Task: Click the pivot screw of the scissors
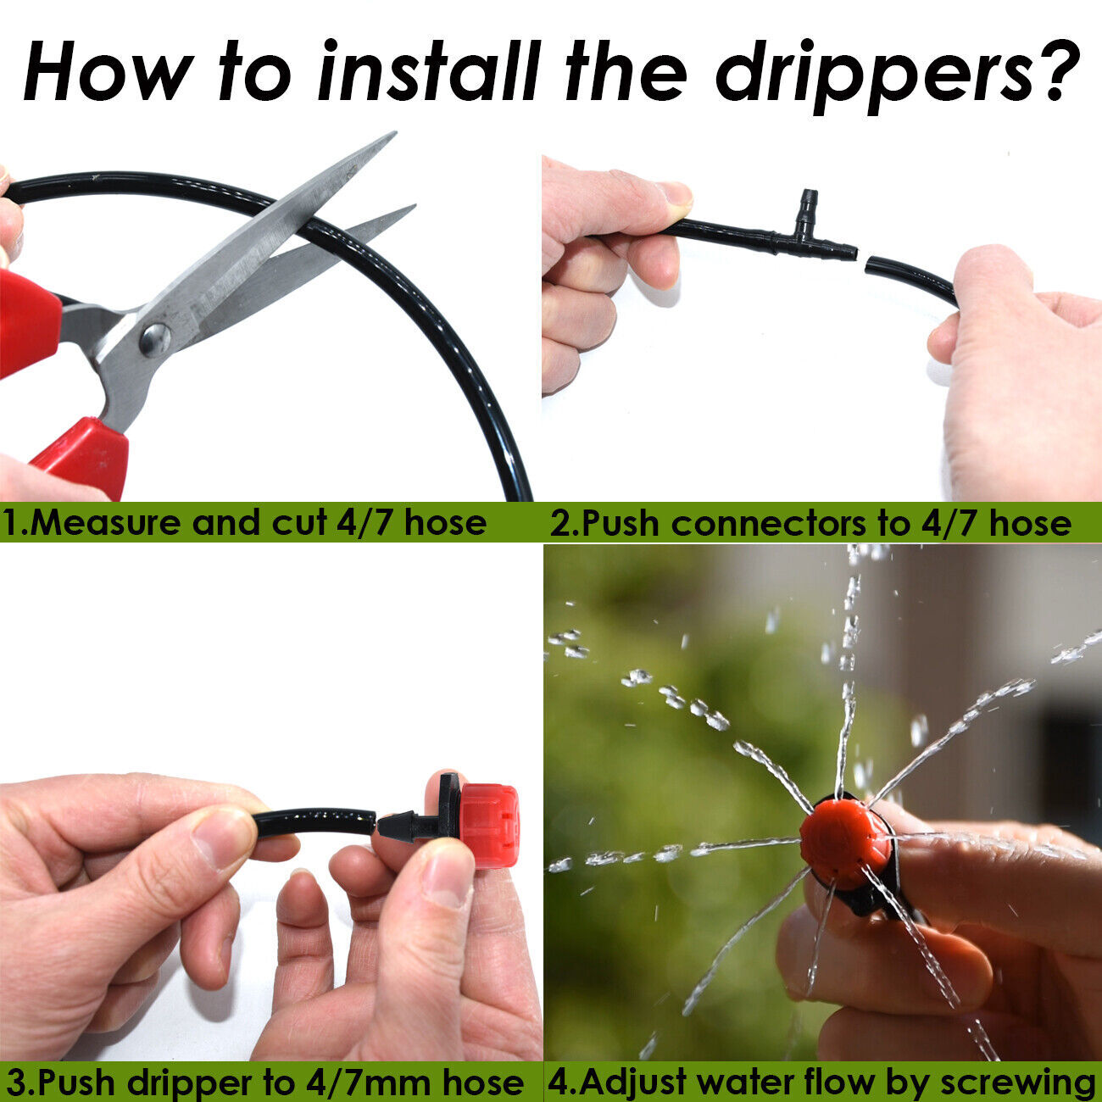155,339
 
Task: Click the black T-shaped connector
805,237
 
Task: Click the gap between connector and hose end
861,259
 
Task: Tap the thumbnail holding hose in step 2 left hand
676,194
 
